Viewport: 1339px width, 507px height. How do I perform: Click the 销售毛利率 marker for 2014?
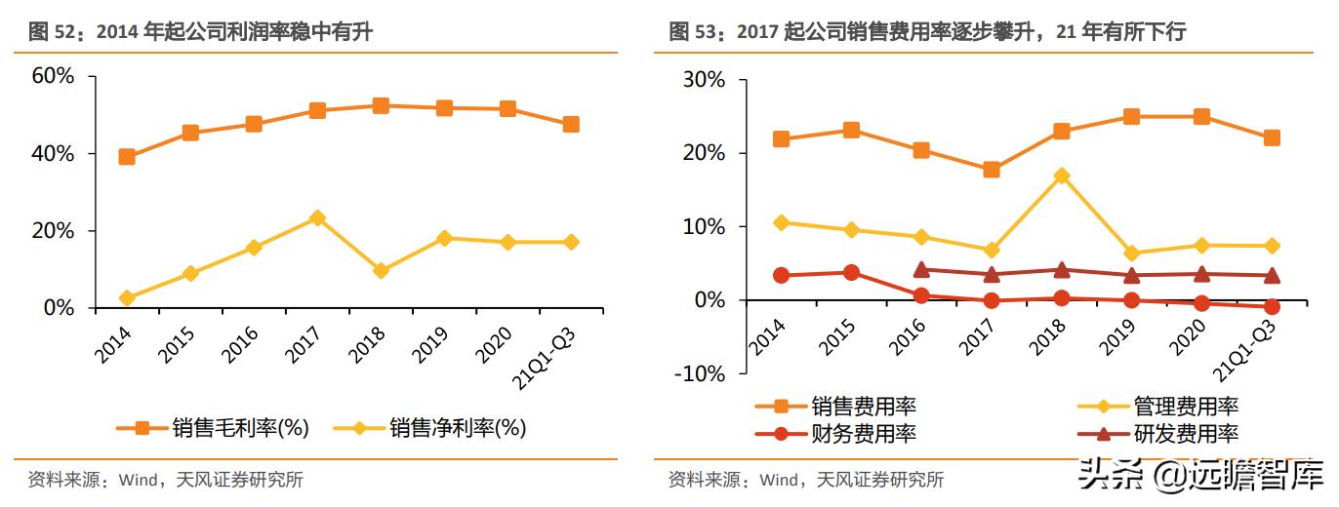tap(127, 157)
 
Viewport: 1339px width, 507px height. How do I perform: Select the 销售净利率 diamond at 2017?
tap(317, 218)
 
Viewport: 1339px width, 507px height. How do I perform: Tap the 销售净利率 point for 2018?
tap(381, 270)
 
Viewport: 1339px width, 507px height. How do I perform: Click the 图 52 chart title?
tap(201, 32)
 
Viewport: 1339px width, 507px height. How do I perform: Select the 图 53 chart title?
tap(927, 32)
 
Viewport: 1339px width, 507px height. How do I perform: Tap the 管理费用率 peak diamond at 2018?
tap(1062, 176)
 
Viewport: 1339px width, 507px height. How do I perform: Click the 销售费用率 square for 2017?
tap(992, 170)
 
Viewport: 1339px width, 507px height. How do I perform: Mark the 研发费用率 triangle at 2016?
tap(921, 269)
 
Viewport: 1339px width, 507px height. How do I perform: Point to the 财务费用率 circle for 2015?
tap(851, 273)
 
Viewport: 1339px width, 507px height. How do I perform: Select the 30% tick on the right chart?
tap(703, 81)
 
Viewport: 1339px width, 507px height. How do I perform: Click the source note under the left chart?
tap(166, 480)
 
